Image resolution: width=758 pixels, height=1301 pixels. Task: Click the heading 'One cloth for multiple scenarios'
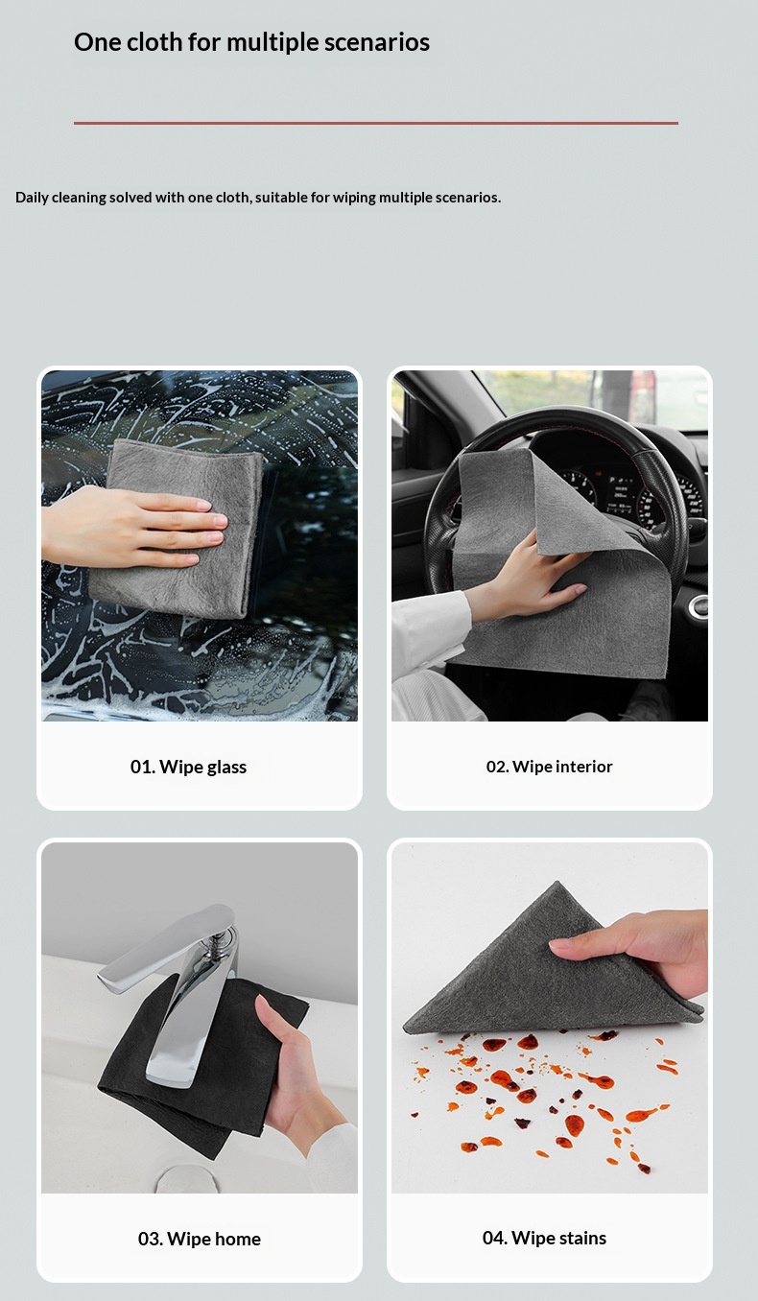coord(251,43)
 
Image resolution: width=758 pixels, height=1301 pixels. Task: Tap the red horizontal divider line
coord(376,123)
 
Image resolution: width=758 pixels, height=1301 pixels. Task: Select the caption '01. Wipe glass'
coord(188,767)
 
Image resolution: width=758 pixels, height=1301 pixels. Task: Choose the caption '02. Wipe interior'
coord(549,767)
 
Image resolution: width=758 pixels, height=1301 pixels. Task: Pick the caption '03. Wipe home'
coord(200,1239)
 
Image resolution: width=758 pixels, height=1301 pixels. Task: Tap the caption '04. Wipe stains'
coord(544,1238)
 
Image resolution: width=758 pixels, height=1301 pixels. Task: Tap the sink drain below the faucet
coord(176,1179)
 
